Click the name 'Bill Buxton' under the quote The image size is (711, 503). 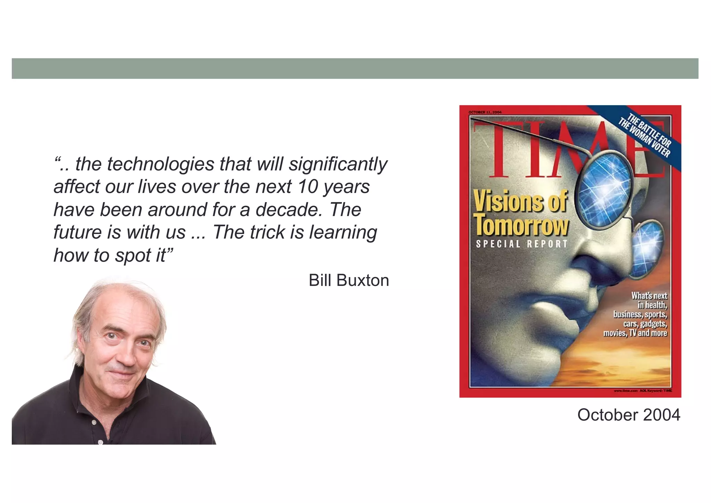click(x=349, y=280)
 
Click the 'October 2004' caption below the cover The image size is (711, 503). click(x=628, y=415)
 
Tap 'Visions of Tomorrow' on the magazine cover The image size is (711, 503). click(x=521, y=213)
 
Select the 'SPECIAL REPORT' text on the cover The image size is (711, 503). click(x=521, y=244)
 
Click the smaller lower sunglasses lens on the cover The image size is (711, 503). click(x=647, y=249)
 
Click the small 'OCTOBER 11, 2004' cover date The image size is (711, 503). click(x=485, y=112)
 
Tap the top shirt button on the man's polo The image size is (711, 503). click(x=94, y=422)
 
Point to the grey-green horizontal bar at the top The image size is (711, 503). click(x=355, y=68)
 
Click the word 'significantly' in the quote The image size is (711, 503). click(x=338, y=164)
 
